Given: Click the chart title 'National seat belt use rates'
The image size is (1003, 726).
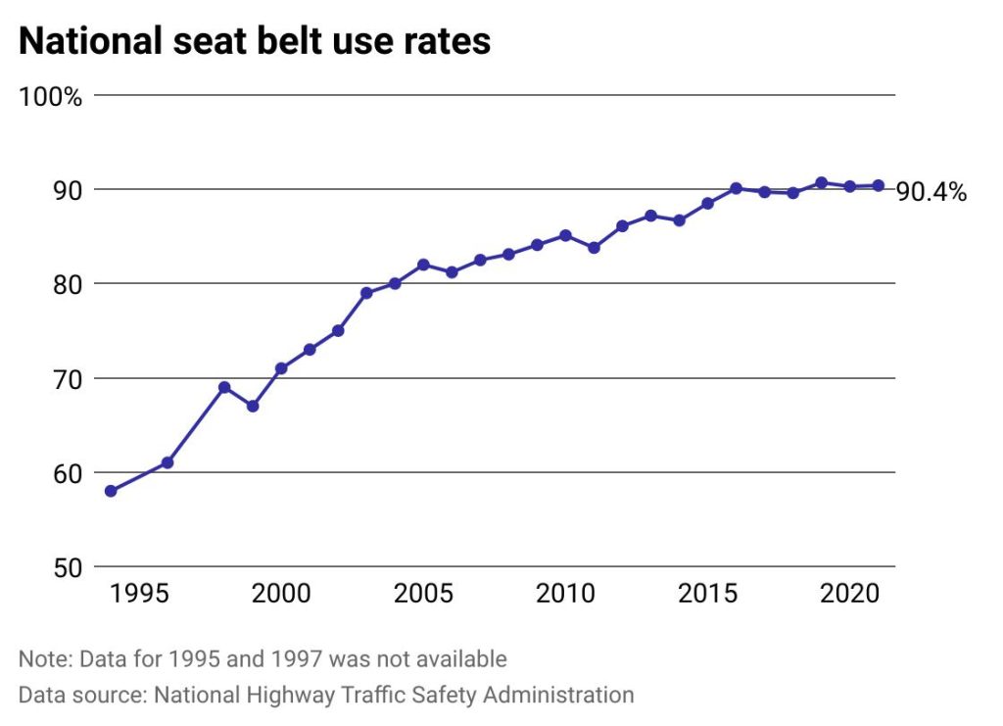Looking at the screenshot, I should click(255, 41).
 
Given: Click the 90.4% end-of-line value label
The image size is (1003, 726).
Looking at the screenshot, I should click(931, 192).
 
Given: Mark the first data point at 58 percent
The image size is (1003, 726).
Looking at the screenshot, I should click(111, 491).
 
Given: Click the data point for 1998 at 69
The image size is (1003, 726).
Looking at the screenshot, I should click(224, 387).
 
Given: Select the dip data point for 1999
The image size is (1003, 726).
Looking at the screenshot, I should click(253, 406).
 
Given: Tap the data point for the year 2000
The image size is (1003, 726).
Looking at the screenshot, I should click(281, 368).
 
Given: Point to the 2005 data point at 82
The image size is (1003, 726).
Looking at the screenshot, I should click(423, 265).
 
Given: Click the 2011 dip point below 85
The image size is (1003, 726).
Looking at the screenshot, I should click(594, 248).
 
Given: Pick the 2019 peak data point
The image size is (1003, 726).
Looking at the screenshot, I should click(821, 182).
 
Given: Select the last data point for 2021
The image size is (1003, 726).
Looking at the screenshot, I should click(879, 185).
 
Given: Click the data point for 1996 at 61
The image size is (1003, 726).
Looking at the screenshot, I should click(167, 462).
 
